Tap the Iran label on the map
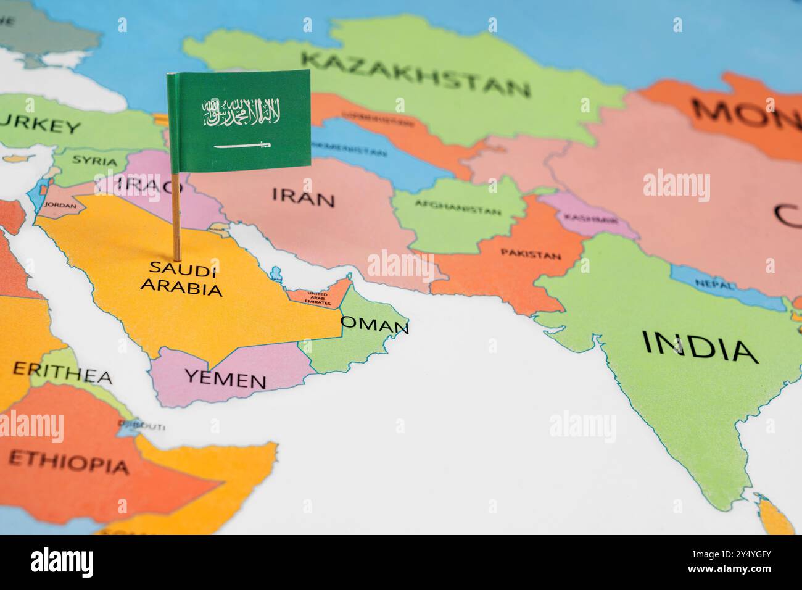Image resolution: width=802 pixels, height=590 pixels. click(304, 197)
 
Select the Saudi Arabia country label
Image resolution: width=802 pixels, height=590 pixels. click(181, 278)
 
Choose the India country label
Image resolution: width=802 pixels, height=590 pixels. click(700, 346)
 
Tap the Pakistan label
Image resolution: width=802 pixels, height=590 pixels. click(531, 254)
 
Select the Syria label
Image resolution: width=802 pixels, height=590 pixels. click(94, 161)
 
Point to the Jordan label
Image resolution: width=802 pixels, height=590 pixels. click(61, 206)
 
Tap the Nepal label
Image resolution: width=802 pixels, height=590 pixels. click(714, 285)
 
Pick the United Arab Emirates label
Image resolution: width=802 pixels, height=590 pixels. click(318, 299)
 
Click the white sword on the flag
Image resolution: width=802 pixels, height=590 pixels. click(242, 146)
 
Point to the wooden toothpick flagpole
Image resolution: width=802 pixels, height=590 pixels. click(176, 216)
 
